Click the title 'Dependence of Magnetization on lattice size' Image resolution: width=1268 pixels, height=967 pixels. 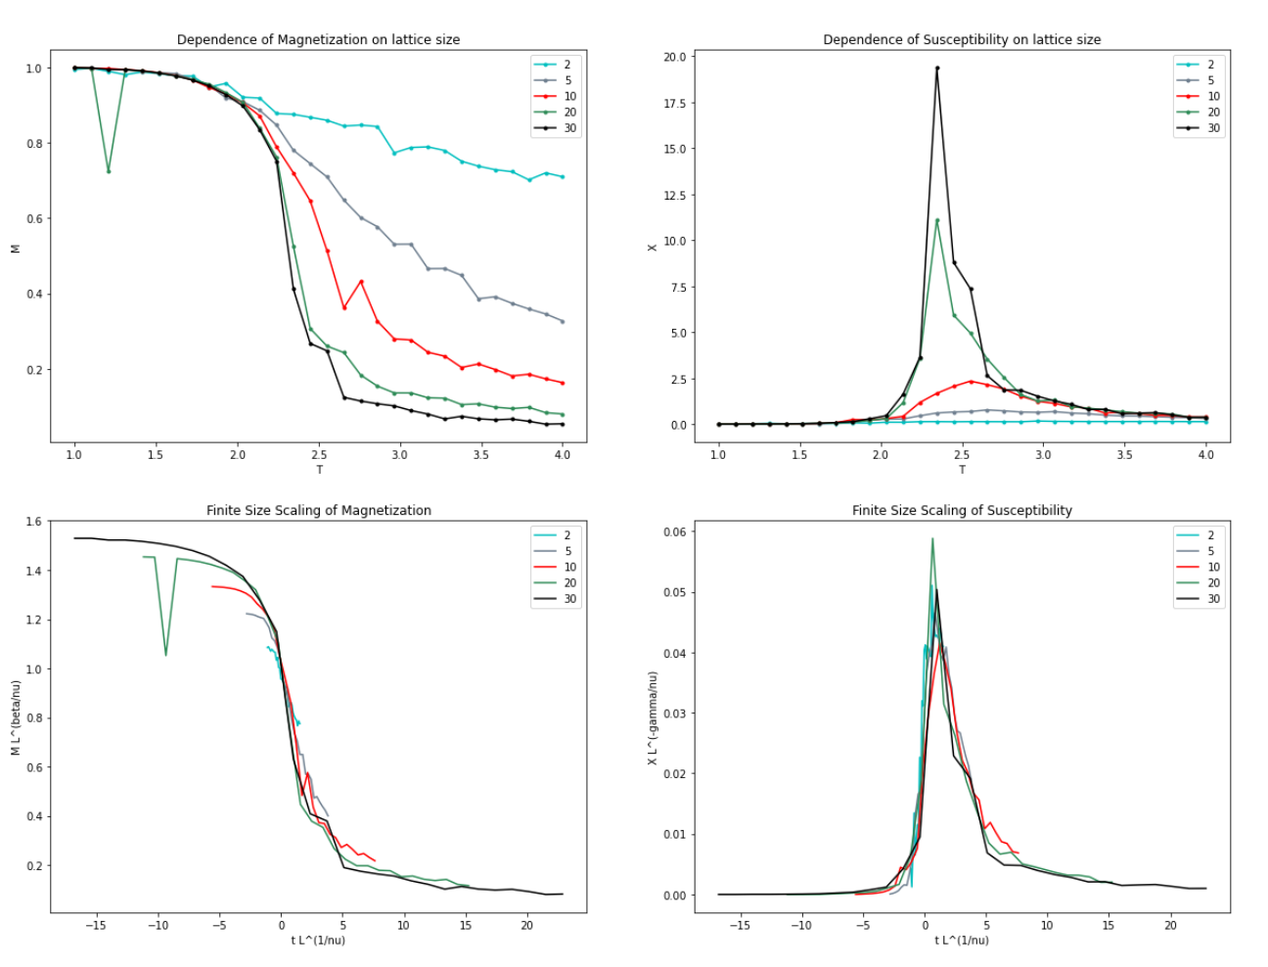tap(318, 40)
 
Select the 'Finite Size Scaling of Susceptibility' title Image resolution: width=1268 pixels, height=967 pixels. tap(962, 510)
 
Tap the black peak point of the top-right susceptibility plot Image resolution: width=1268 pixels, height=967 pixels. tap(937, 69)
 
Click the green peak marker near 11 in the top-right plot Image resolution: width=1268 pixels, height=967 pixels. tap(937, 220)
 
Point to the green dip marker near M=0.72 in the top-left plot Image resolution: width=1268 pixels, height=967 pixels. tap(109, 171)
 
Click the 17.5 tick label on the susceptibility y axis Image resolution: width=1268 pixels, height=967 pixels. tap(673, 103)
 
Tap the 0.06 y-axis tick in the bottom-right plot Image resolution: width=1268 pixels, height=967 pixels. tap(673, 531)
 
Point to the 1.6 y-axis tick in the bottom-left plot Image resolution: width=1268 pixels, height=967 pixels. tap(34, 522)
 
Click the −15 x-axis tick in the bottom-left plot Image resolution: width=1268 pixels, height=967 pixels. tap(96, 925)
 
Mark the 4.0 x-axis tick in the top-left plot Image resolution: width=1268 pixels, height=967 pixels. tap(563, 455)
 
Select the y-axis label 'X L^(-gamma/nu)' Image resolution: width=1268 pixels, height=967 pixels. tap(653, 717)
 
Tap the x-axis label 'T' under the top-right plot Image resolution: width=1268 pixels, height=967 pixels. tap(962, 470)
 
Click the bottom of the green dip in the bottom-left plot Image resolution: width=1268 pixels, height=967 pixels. tap(165, 655)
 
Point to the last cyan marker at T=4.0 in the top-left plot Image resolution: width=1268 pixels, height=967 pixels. tap(563, 177)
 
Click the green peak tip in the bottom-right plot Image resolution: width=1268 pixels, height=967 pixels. tap(932, 538)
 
